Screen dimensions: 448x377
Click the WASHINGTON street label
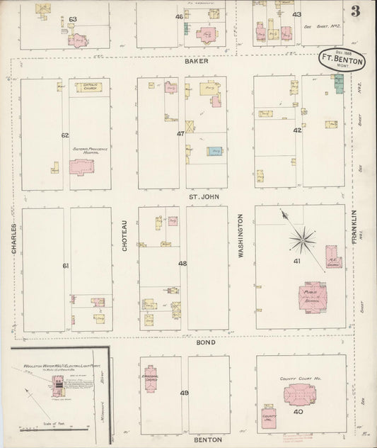[x=241, y=235]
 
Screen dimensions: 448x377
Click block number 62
[x=65, y=135]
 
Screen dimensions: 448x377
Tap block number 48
[x=182, y=263]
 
